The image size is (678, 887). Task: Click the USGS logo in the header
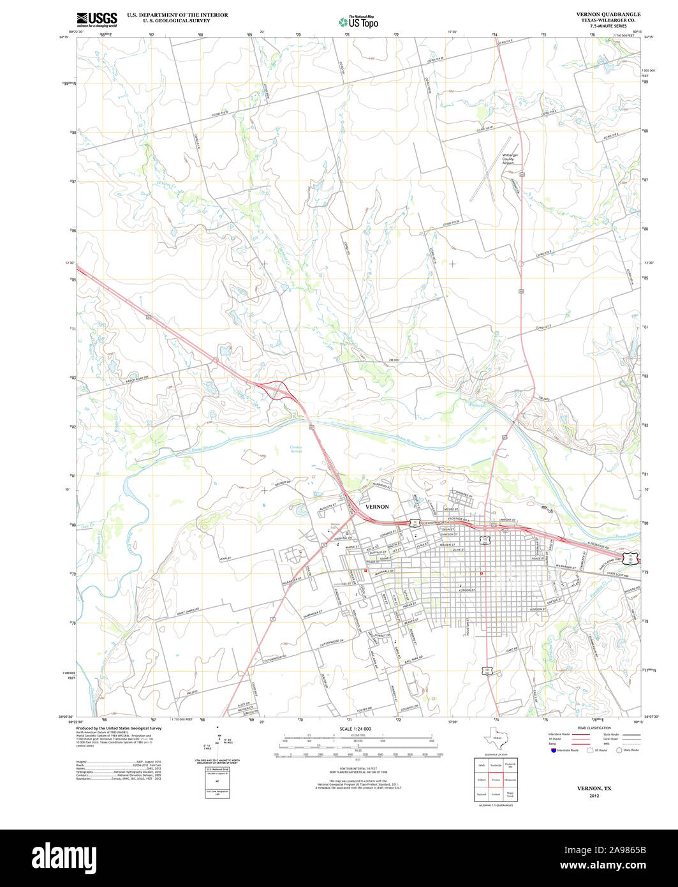click(x=96, y=19)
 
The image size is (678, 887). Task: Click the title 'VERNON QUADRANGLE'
click(x=608, y=14)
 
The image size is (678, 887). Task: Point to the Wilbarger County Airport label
click(x=508, y=159)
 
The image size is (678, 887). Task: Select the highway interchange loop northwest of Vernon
click(x=278, y=390)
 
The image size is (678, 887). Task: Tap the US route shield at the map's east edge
click(x=631, y=556)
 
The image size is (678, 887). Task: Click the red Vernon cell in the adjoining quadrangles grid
click(x=496, y=780)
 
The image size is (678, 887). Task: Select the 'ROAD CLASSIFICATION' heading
click(x=594, y=728)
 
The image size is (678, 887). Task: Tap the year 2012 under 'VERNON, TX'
click(x=594, y=796)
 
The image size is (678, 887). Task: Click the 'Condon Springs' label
click(x=296, y=449)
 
